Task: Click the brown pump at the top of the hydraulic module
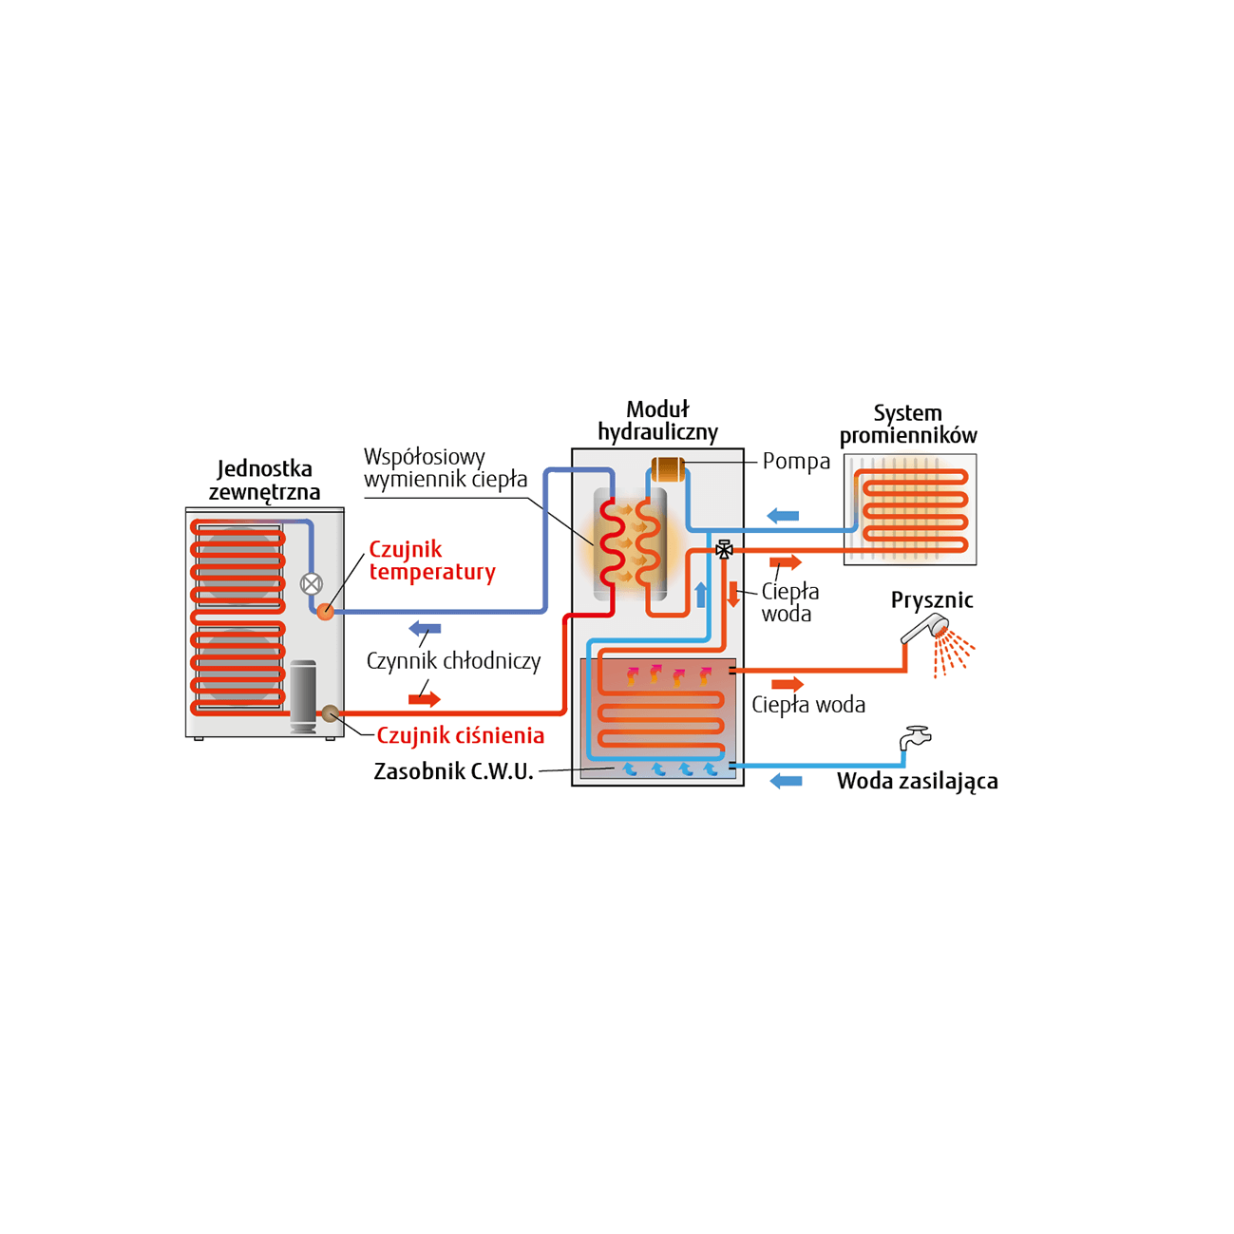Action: click(667, 468)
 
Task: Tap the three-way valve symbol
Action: click(724, 549)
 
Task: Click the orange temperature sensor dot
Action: click(325, 612)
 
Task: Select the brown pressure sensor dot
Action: click(330, 712)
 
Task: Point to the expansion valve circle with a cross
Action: click(312, 583)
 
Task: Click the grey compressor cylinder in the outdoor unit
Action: click(303, 696)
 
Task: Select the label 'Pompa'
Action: click(796, 461)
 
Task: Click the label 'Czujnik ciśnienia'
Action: click(461, 735)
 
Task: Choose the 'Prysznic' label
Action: click(932, 600)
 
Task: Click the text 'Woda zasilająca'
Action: click(917, 781)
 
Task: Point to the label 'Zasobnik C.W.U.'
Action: click(453, 771)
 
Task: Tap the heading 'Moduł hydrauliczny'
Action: click(657, 421)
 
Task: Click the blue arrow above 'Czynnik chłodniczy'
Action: click(426, 628)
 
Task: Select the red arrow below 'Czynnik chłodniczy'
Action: click(425, 698)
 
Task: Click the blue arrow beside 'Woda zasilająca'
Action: click(786, 781)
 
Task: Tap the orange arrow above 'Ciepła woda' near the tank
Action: click(787, 683)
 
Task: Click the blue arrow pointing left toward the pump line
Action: click(783, 516)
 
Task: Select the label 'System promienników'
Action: click(908, 424)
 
